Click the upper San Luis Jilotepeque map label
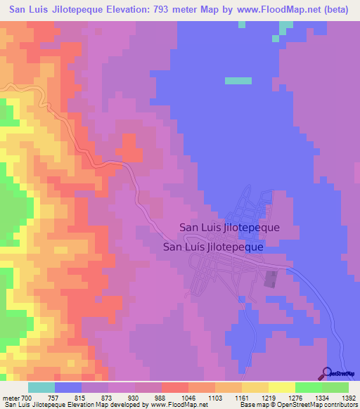click(230, 228)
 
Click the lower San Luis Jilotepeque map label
click(213, 247)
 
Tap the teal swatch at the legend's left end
click(41, 388)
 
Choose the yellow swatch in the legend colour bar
click(281, 388)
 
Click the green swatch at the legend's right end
click(335, 388)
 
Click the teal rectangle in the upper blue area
click(238, 81)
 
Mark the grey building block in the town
click(270, 280)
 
